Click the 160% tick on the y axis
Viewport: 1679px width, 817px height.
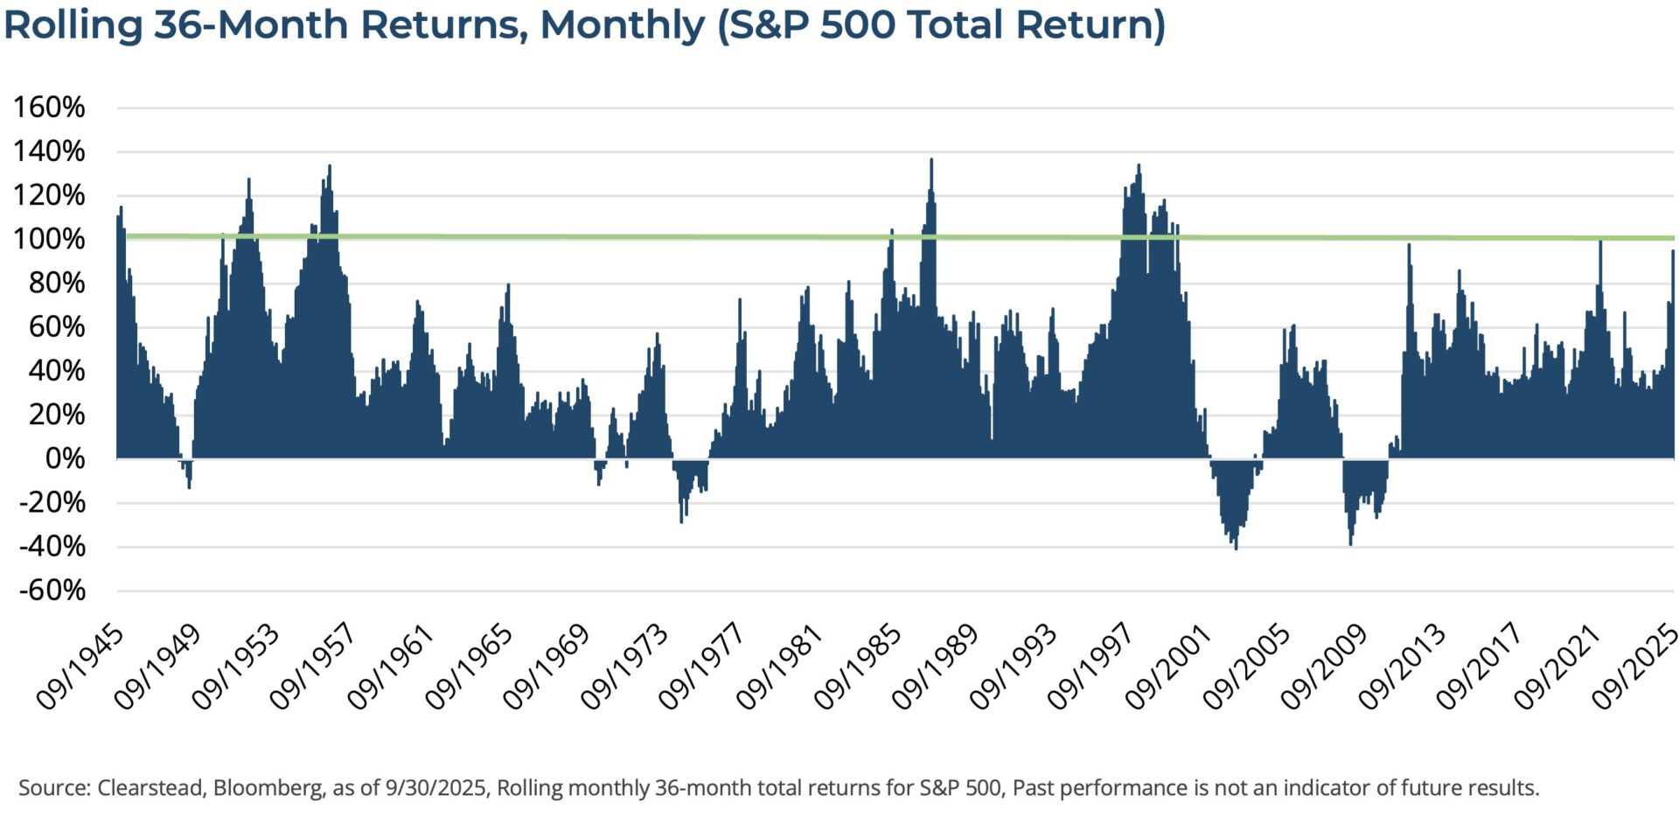coord(49,108)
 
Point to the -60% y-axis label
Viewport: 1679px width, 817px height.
coord(52,590)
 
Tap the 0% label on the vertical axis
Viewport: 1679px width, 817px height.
coord(65,458)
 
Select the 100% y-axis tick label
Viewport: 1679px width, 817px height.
coord(49,239)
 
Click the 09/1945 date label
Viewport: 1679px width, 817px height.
coord(80,667)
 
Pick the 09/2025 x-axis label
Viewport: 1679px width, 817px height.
coord(1635,667)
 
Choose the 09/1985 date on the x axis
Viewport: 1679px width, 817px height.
coord(858,667)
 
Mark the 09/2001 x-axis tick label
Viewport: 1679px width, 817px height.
coord(1168,667)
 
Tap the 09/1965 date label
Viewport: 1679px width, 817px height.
coord(469,667)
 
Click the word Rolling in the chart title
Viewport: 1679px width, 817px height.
coord(73,24)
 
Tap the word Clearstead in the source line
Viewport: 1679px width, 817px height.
coord(150,788)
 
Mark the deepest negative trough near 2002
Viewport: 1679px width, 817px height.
coord(1236,547)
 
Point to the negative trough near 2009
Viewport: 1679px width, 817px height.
coord(1350,542)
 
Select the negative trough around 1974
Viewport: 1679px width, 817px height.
coord(681,520)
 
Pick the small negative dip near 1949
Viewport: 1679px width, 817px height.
coord(189,485)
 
